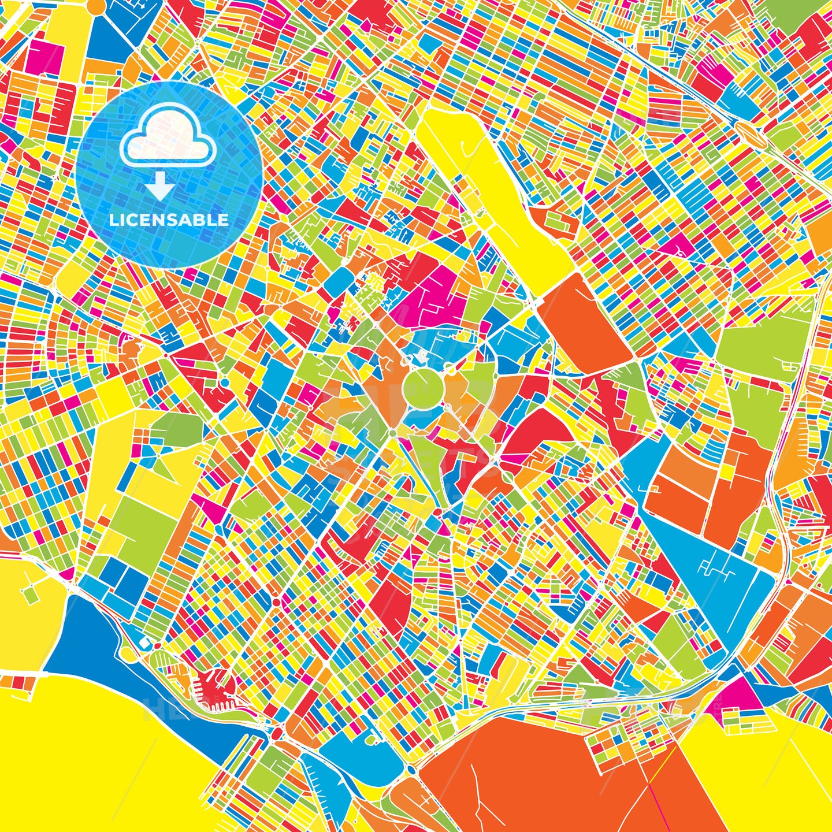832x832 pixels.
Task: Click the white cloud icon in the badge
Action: pyautogui.click(x=168, y=139)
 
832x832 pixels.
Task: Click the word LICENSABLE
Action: pyautogui.click(x=169, y=220)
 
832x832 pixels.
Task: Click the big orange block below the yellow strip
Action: pyautogui.click(x=584, y=324)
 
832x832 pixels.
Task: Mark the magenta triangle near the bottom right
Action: pyautogui.click(x=742, y=693)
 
